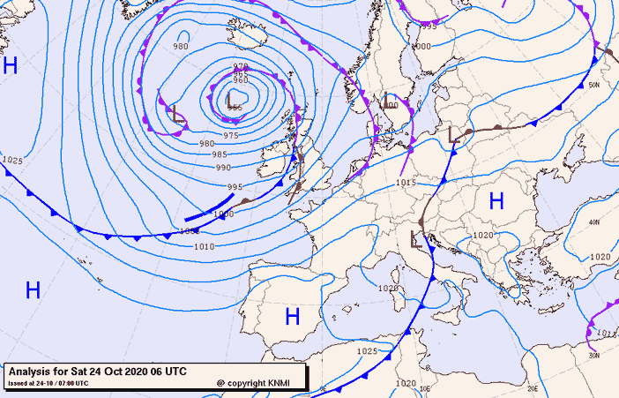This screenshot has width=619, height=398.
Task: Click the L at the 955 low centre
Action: point(230,97)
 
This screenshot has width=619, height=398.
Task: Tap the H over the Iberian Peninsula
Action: point(292,316)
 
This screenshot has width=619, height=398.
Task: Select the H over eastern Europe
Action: point(496,201)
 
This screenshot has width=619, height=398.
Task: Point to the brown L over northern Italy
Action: point(417,237)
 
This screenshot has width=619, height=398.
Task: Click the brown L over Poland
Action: point(454,135)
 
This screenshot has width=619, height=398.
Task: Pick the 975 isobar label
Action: point(231,135)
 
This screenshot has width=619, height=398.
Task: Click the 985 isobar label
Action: point(220,154)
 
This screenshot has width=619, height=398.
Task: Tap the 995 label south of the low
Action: point(235,186)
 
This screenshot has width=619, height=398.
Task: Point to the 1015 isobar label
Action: point(406,183)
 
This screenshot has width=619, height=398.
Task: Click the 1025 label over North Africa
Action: point(368,350)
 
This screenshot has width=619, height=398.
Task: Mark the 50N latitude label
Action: point(593,85)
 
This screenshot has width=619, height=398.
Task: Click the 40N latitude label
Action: point(593,222)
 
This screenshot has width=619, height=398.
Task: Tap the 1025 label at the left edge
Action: point(12,160)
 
